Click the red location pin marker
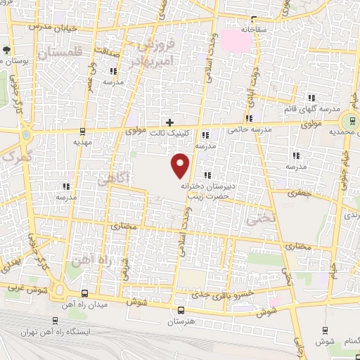181,164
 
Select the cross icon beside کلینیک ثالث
169,122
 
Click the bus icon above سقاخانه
254,20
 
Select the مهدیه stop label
84,141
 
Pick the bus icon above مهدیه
84,130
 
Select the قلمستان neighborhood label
62,53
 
